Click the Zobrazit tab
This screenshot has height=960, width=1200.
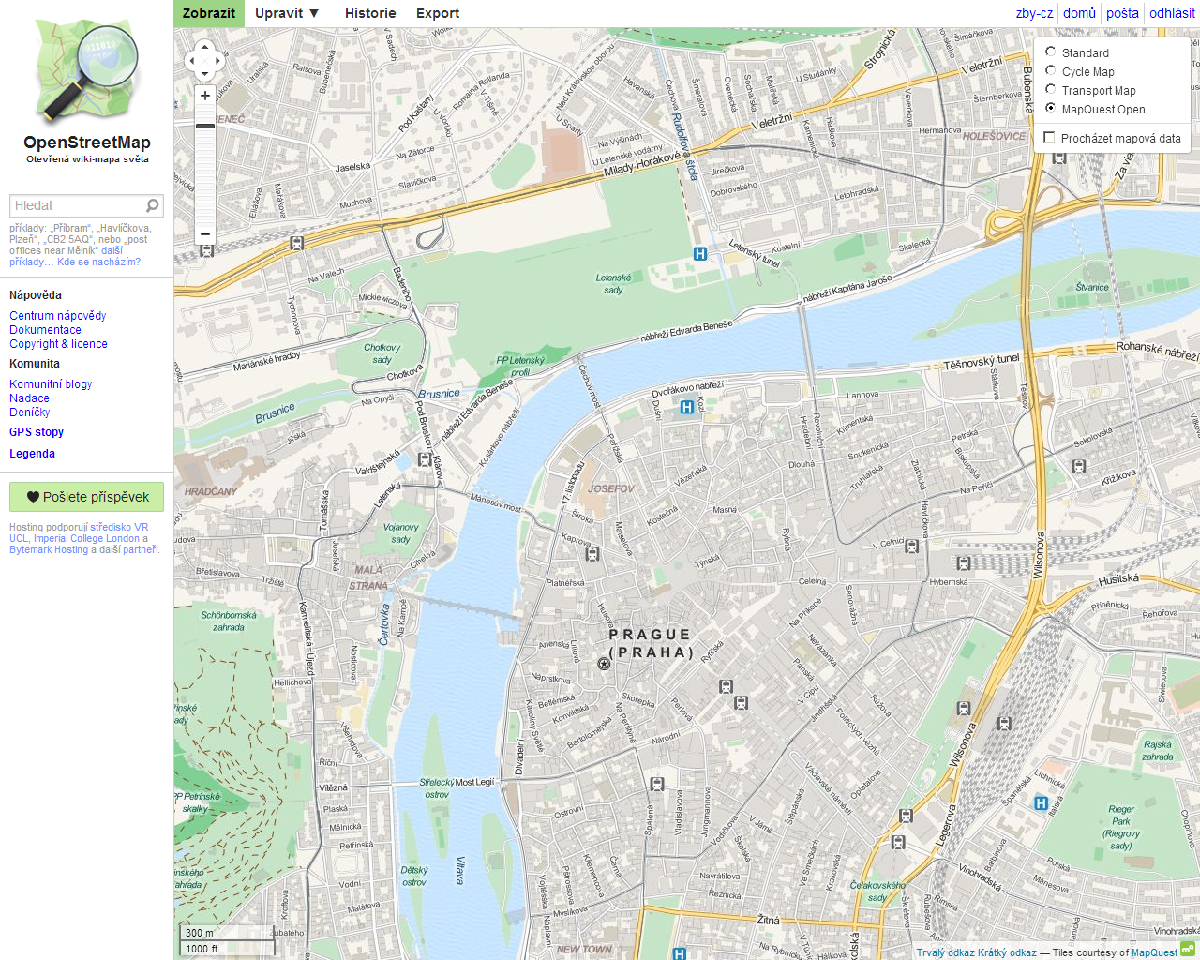pos(209,13)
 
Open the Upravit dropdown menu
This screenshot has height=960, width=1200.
pos(287,13)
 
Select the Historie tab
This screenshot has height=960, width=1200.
pos(370,13)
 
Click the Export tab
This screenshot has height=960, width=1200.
pos(438,13)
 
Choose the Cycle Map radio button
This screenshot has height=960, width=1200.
pos(1051,71)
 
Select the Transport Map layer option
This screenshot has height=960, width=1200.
pos(1051,90)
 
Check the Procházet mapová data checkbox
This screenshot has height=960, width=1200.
pos(1049,138)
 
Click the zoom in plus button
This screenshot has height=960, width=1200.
pos(205,96)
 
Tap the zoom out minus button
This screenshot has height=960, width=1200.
pos(205,234)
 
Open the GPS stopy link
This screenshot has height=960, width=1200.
pos(37,432)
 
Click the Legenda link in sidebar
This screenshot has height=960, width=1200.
pos(32,454)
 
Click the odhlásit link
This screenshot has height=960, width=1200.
pos(1172,13)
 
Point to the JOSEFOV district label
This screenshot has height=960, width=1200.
pos(611,488)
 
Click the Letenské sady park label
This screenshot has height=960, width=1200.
pos(613,283)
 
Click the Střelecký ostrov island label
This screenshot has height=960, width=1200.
pos(437,787)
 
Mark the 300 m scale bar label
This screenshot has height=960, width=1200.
pos(200,933)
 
